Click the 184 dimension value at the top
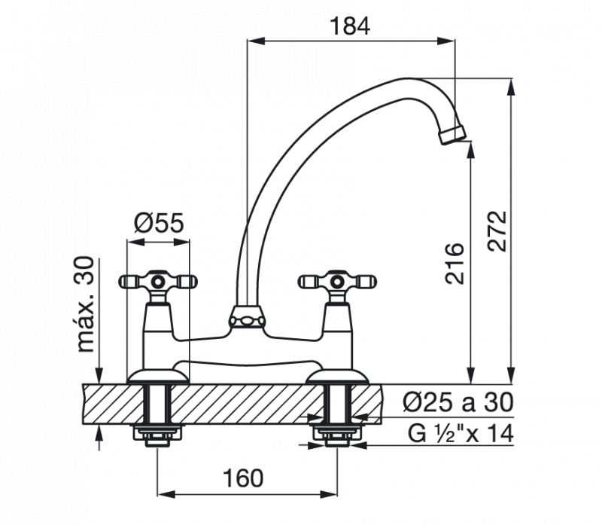(351, 26)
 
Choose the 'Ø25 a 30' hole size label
(459, 402)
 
